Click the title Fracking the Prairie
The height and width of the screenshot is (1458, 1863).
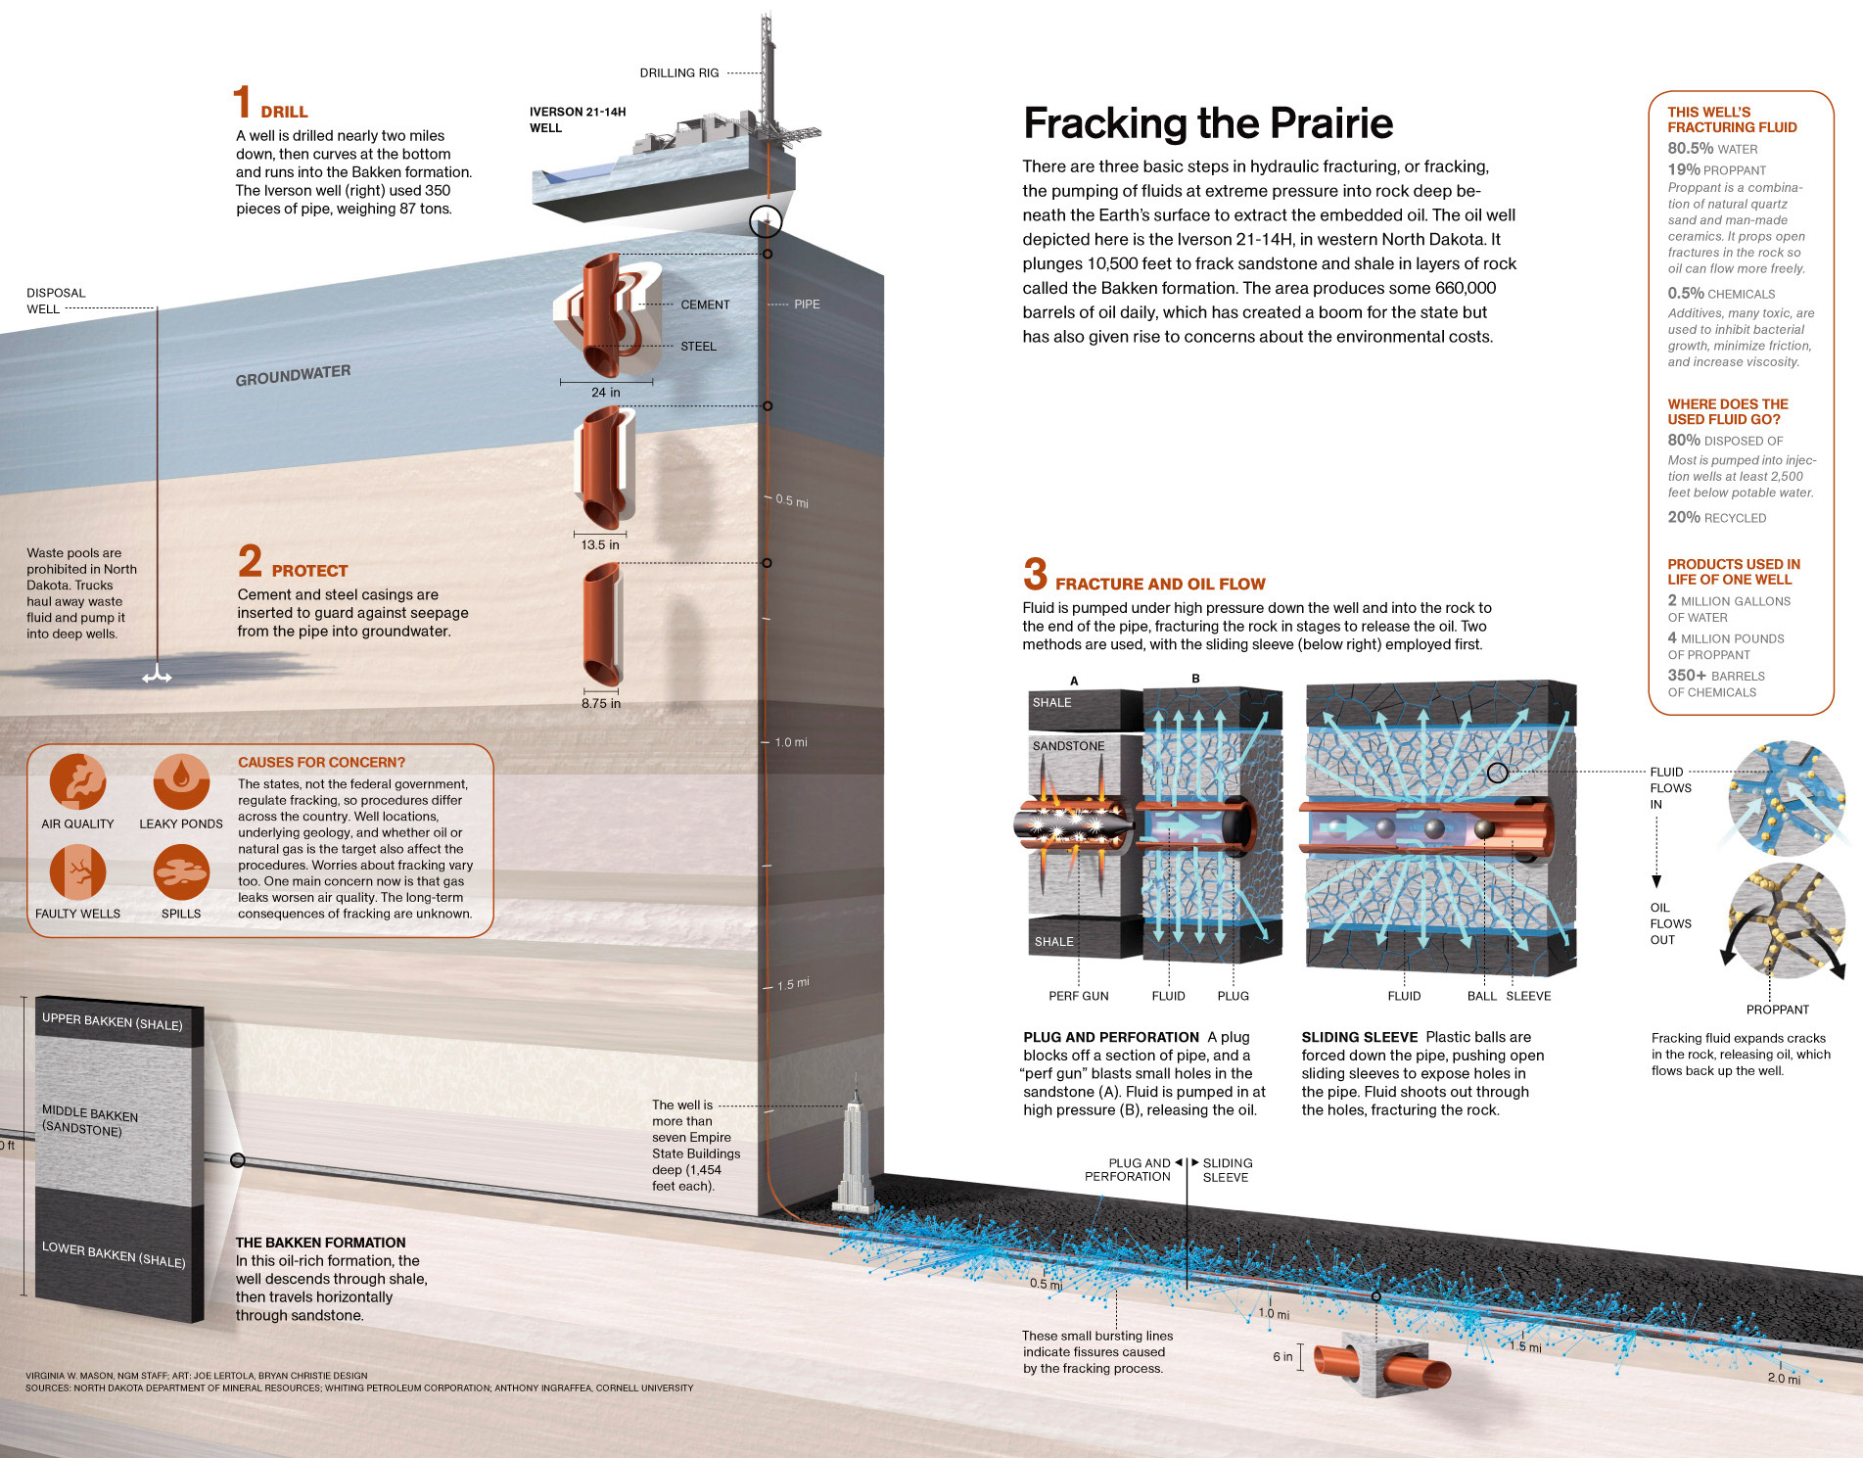tap(1207, 124)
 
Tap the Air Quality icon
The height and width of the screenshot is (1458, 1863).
tap(77, 781)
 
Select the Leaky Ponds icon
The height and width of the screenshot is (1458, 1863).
tap(181, 781)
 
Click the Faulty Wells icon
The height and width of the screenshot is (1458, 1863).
tap(77, 871)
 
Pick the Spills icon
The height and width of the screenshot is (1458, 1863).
tap(181, 871)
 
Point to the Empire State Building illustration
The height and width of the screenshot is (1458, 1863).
tap(854, 1151)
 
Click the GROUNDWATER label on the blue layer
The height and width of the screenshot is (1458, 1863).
tap(293, 375)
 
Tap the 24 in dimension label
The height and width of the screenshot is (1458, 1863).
tap(605, 393)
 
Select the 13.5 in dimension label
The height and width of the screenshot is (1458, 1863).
tap(600, 545)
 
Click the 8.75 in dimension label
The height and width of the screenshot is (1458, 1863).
tap(601, 703)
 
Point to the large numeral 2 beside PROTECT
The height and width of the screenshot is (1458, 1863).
tap(250, 562)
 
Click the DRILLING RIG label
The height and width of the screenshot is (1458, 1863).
tap(679, 73)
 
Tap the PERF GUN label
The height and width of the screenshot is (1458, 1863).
tap(1079, 996)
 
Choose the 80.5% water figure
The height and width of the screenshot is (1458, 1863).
tap(1691, 149)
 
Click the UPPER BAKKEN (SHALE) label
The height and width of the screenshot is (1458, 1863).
tap(112, 1021)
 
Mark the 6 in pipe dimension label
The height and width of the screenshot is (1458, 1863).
tap(1282, 1356)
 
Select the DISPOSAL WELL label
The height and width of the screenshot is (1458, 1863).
tap(56, 301)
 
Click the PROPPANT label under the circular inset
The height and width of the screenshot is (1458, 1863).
tap(1777, 1010)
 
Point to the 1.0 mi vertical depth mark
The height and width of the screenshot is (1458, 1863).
tap(791, 742)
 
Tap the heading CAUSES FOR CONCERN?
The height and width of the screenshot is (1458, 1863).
tap(321, 762)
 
